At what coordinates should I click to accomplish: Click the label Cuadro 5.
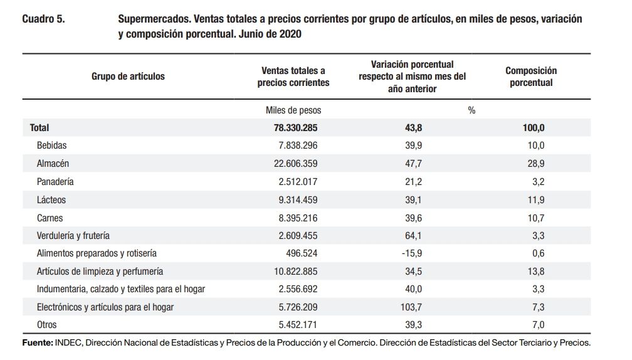44,19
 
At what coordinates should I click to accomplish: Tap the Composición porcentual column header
530,77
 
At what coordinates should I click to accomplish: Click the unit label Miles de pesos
293,110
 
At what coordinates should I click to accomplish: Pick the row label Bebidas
52,146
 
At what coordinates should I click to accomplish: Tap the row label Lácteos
51,200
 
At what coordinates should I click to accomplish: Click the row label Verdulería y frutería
73,236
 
